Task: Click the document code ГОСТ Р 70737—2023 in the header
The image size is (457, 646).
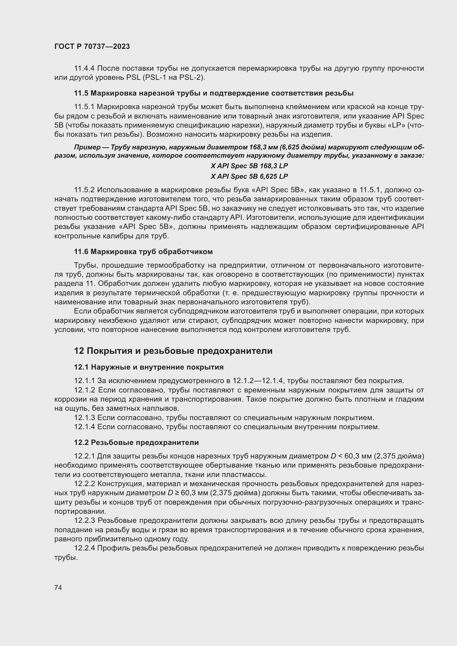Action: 92,47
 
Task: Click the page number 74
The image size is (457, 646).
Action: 58,587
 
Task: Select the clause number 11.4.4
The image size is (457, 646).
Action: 85,68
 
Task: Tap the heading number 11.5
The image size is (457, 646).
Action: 81,93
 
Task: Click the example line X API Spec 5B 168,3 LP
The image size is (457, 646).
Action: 249,166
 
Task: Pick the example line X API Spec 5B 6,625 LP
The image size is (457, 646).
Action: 249,176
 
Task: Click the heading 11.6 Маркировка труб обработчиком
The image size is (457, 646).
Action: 143,252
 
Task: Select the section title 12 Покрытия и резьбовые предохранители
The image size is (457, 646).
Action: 173,351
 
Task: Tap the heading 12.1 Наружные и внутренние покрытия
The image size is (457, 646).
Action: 149,367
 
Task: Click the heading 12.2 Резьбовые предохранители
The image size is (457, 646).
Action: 136,442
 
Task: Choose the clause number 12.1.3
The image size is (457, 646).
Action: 85,418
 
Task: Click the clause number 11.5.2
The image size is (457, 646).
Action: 85,190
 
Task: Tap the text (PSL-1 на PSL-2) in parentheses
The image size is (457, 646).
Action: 174,77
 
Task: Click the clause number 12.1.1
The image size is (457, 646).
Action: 85,381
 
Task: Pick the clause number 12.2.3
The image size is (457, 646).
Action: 85,521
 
